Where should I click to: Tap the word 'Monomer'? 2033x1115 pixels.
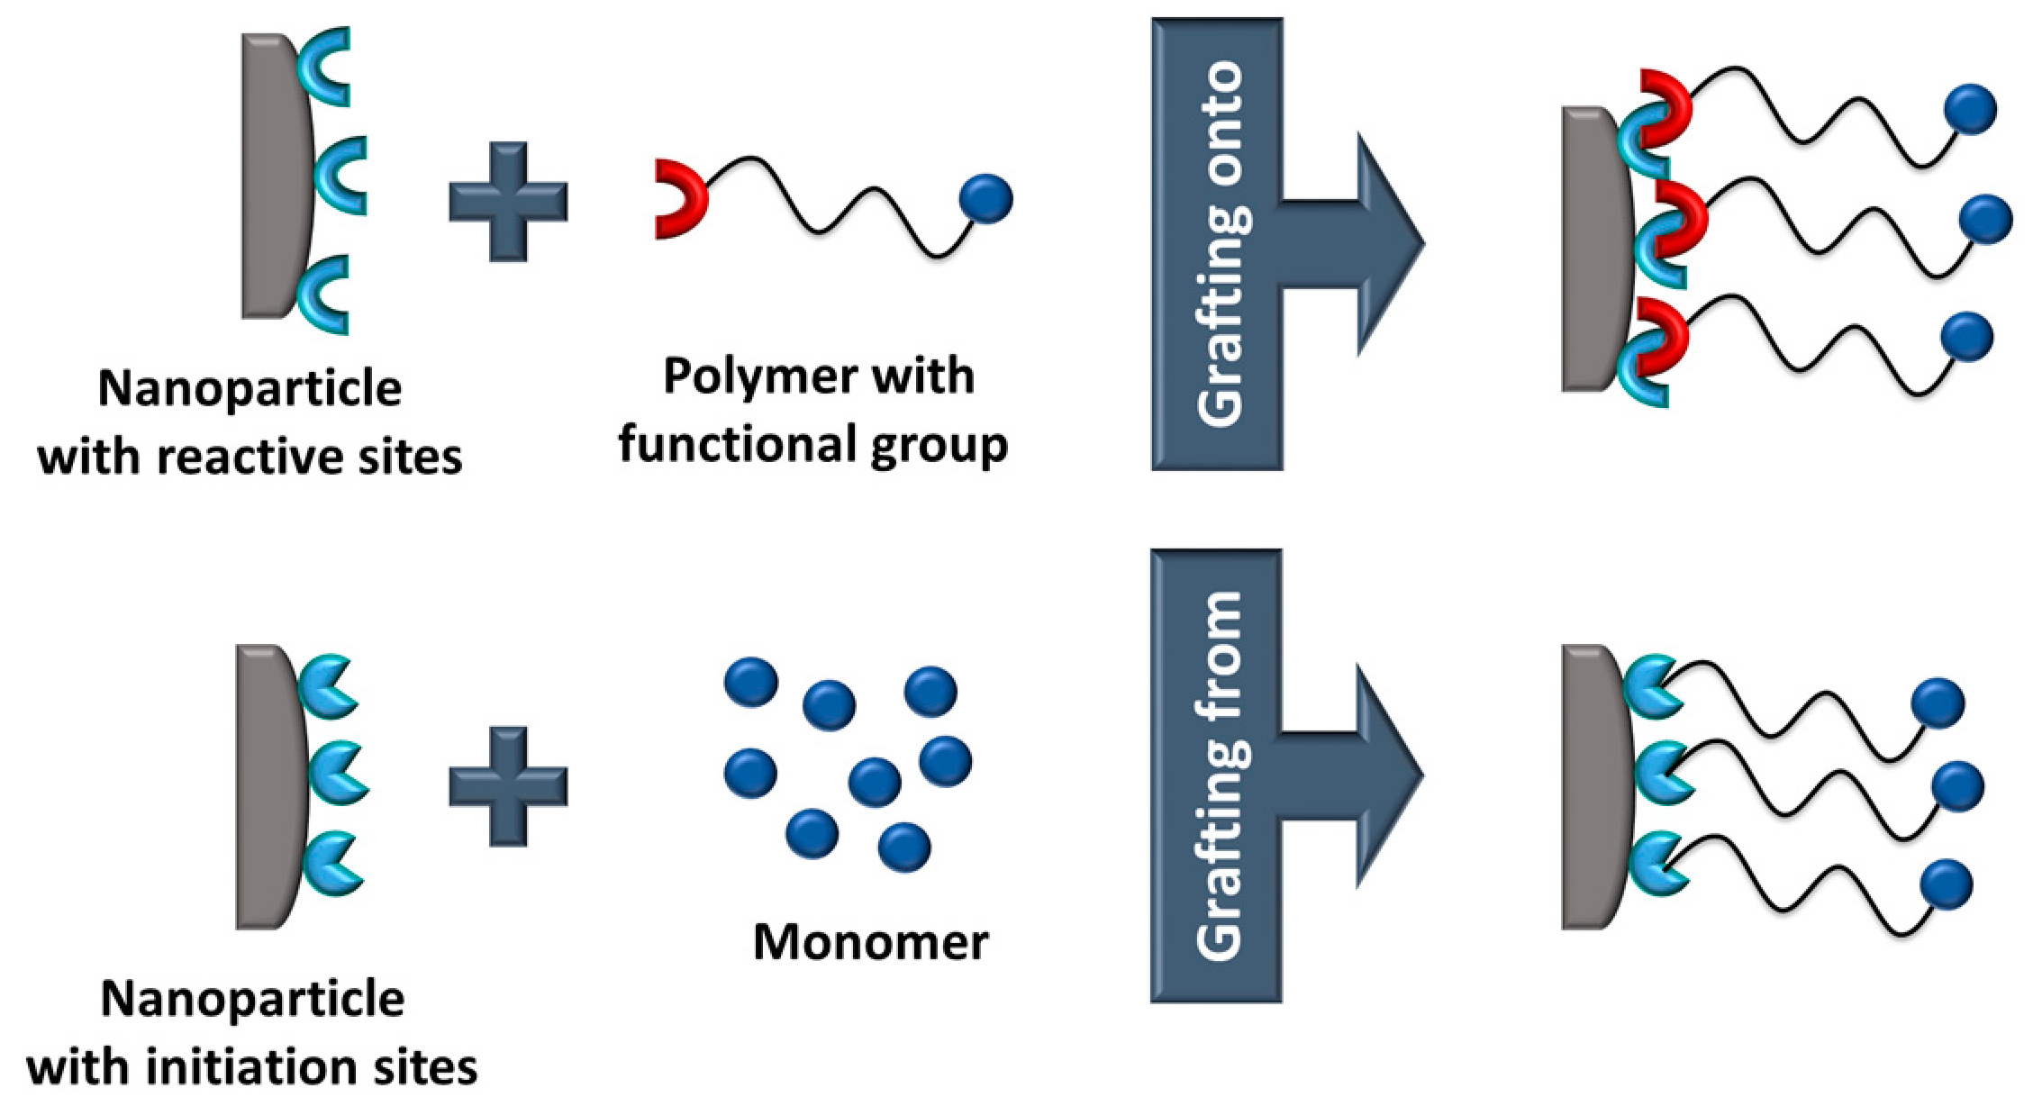click(870, 942)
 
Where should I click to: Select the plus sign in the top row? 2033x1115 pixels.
click(508, 202)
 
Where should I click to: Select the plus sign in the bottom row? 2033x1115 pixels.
click(508, 786)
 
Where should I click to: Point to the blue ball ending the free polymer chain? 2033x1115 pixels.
click(986, 198)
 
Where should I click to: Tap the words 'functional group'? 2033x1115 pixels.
click(812, 445)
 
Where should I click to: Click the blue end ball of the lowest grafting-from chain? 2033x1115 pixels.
click(1947, 884)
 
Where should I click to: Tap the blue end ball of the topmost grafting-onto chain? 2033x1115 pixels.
click(1971, 109)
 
